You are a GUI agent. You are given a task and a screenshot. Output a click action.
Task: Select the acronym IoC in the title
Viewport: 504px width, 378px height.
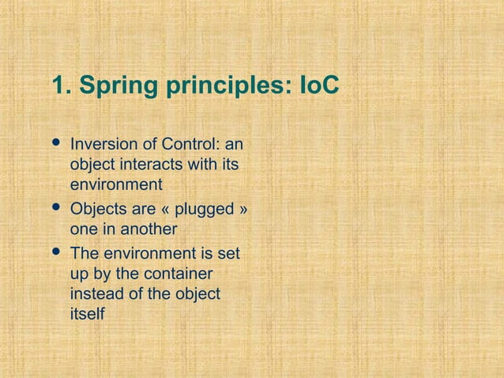[x=319, y=85]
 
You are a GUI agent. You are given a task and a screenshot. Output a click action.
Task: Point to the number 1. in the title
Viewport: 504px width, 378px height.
[x=60, y=85]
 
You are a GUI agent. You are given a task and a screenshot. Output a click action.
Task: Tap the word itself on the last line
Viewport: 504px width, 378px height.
[x=87, y=314]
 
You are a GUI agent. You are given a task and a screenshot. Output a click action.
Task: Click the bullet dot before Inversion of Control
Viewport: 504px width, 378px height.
[x=56, y=144]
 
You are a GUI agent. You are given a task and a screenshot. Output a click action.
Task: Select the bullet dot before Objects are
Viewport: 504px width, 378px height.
[x=56, y=209]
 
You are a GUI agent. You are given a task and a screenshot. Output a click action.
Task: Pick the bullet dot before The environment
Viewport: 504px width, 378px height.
[x=56, y=253]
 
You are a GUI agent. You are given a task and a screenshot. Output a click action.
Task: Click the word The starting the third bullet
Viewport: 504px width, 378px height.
[x=85, y=255]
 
